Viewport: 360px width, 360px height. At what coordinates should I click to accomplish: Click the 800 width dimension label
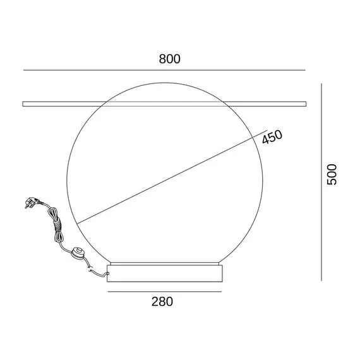point(170,59)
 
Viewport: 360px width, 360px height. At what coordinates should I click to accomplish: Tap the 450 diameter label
point(272,137)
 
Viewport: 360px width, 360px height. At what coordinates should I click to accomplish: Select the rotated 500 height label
point(332,174)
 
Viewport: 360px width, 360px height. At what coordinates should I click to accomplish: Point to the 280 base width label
point(162,301)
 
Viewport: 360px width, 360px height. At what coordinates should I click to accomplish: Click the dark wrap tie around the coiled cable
point(58,225)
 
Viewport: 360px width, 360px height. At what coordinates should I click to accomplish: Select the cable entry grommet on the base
point(107,273)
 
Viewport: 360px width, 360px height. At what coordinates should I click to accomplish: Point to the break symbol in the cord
point(90,268)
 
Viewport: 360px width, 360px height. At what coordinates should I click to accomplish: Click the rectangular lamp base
point(165,273)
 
